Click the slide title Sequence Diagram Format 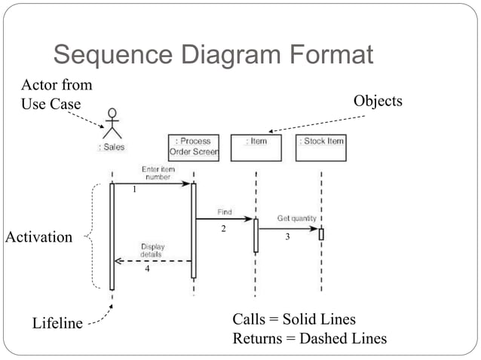[x=213, y=55]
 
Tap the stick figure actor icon [x=112, y=124]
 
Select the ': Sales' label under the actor [x=112, y=147]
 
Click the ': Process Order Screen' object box [x=195, y=147]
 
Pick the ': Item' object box [x=256, y=147]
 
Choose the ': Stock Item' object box [x=322, y=147]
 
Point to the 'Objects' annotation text [x=378, y=101]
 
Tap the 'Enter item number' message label [x=158, y=172]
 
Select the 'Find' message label [x=225, y=212]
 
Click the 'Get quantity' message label [x=296, y=218]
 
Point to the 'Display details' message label [x=153, y=250]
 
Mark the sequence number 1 [x=134, y=191]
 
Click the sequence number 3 [x=287, y=236]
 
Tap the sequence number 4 [x=147, y=270]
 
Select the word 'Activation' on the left [x=39, y=237]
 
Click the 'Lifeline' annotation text [x=57, y=324]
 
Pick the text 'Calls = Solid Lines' [x=294, y=320]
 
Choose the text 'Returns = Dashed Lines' [x=309, y=339]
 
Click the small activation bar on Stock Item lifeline [x=321, y=233]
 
